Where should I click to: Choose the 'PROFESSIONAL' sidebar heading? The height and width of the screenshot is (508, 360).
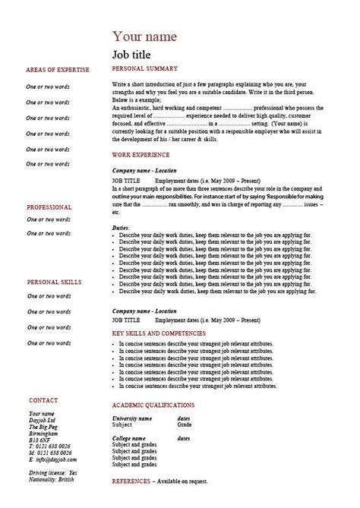pos(49,207)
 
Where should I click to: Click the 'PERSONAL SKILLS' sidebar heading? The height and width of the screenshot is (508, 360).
pos(54,282)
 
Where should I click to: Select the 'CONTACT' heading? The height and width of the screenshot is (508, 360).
pos(43,399)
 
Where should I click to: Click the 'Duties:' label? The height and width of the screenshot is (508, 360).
pos(120,228)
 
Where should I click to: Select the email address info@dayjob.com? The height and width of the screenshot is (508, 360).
pos(54,459)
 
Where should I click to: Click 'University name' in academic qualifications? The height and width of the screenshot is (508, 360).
pos(132,418)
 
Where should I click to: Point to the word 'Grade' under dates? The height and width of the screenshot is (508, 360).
pos(185,425)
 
